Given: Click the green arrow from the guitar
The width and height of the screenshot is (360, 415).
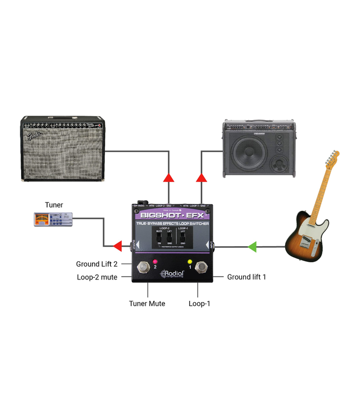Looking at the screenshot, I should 253,246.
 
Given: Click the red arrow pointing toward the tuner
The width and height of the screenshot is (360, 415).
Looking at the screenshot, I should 117,246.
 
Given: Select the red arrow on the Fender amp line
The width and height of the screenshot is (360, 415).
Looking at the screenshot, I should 168,178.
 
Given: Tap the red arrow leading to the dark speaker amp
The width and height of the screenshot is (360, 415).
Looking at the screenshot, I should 202,178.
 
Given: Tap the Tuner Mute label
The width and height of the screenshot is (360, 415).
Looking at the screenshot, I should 147,303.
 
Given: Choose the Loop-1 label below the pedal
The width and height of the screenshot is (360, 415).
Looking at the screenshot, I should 199,303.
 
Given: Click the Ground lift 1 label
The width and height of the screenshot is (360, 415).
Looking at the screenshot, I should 246,277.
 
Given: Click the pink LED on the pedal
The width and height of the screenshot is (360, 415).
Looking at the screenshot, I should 155,261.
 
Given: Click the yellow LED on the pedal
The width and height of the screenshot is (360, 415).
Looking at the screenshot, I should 189,261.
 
